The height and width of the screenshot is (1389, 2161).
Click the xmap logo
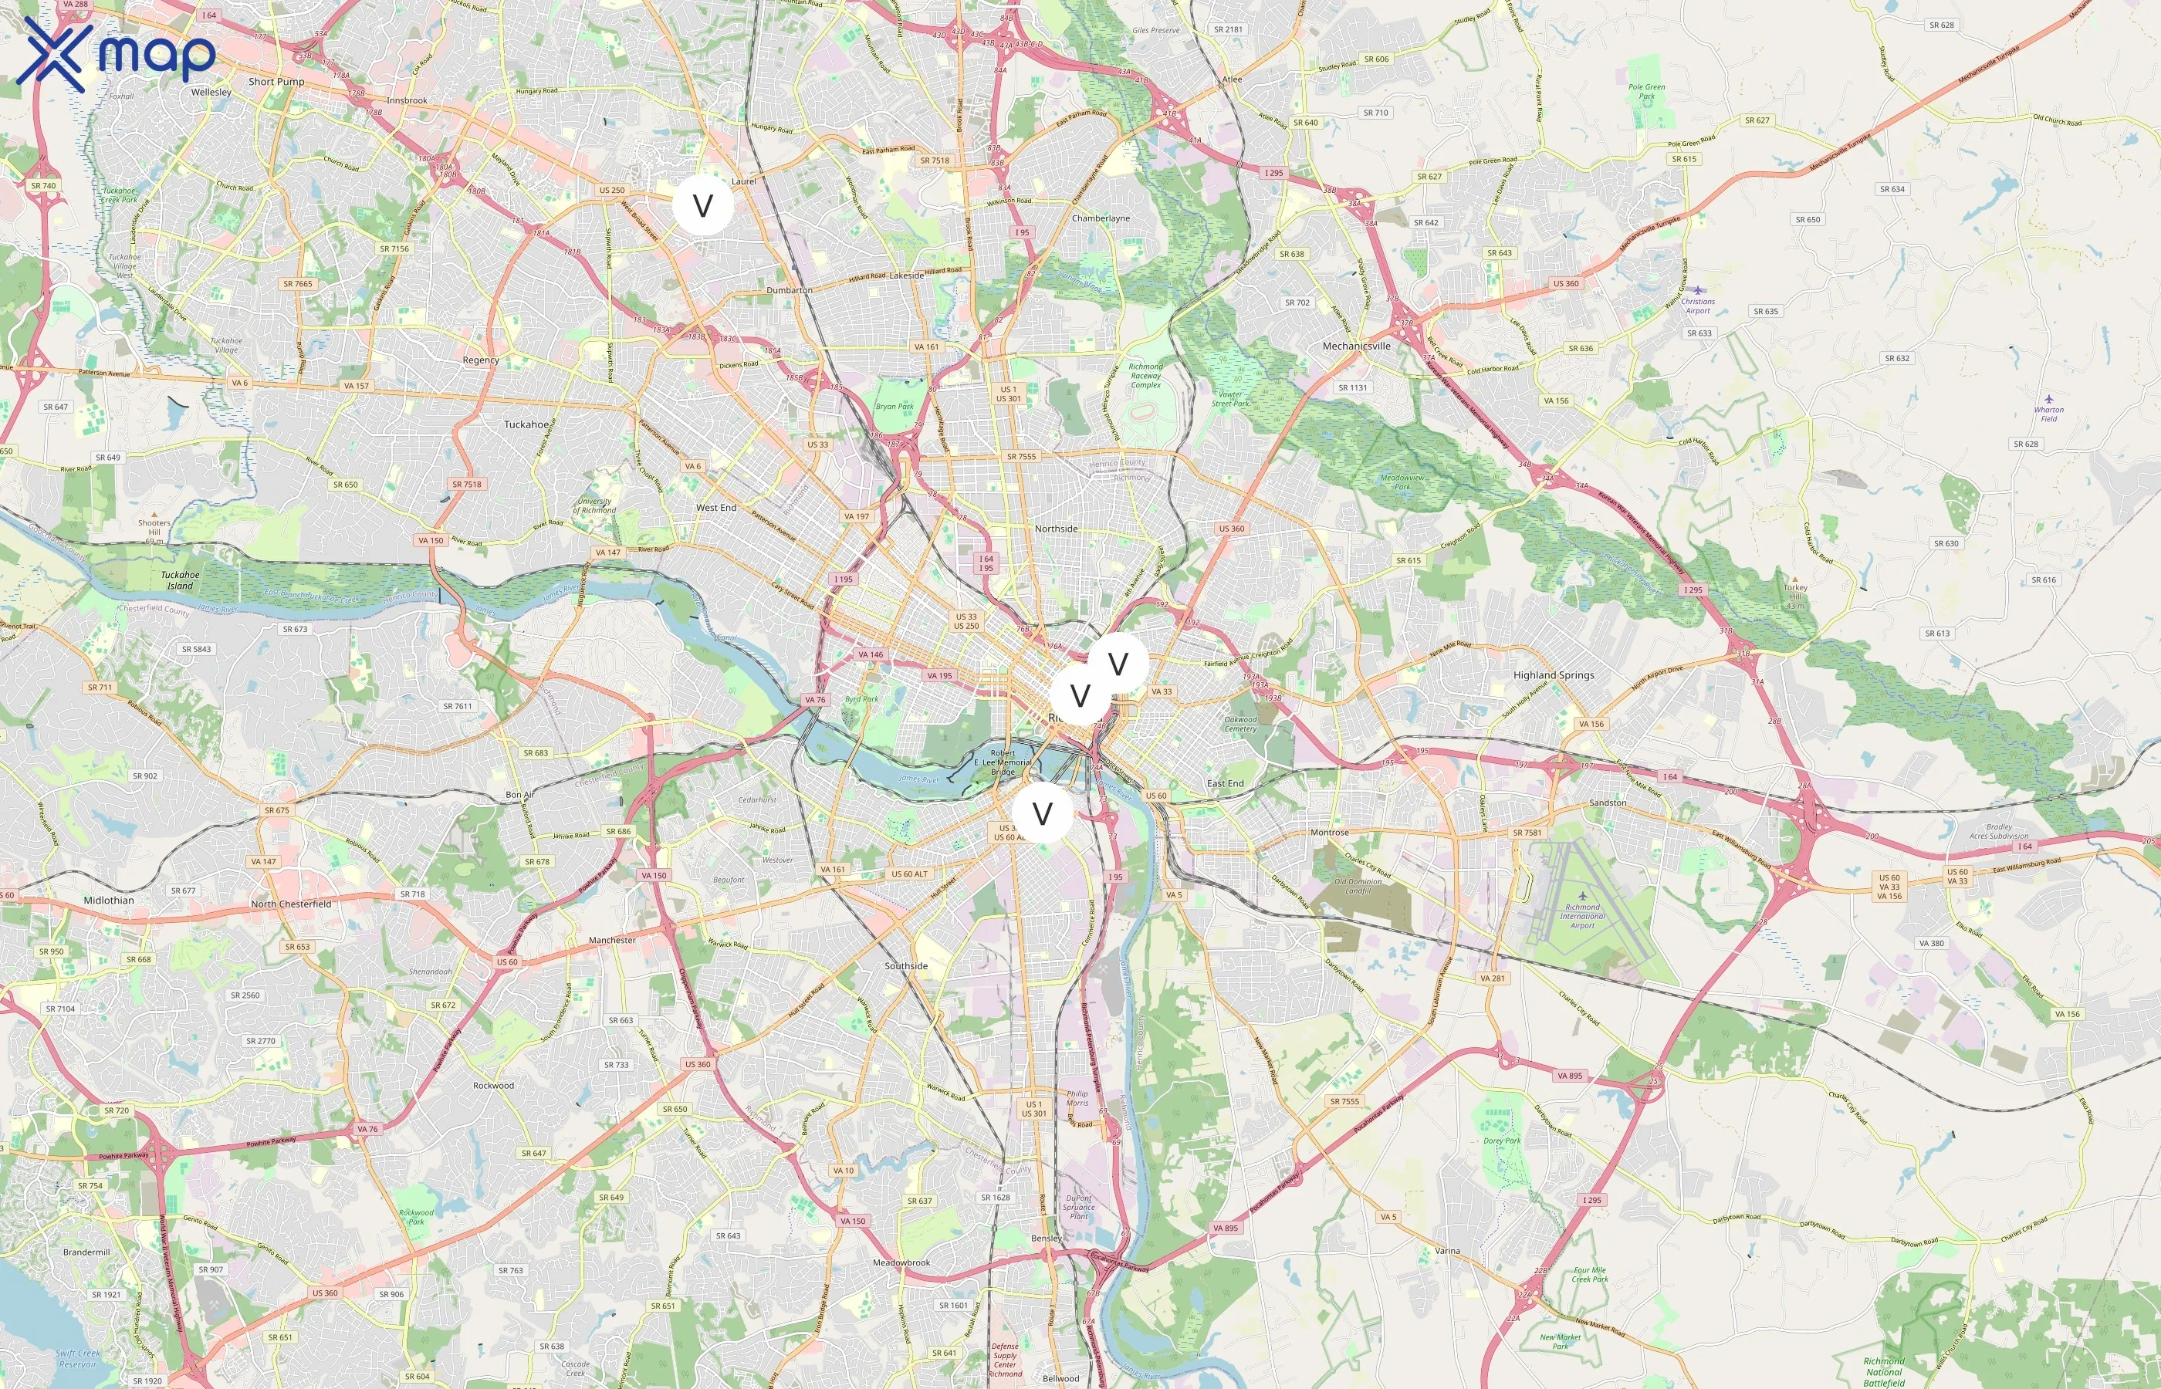tap(116, 54)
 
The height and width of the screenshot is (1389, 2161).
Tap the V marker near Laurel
tap(702, 205)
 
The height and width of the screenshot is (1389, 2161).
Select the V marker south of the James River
tap(1043, 813)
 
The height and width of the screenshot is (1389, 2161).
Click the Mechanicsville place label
tap(1355, 346)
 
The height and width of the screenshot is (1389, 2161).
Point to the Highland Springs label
tap(1553, 674)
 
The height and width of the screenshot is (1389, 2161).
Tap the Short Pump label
tap(276, 82)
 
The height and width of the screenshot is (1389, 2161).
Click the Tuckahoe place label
tap(526, 424)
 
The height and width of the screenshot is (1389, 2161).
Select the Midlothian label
tap(108, 900)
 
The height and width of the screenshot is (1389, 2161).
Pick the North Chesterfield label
tap(290, 904)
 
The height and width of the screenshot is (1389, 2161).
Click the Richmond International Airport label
tap(1582, 915)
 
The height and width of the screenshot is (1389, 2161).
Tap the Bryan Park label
tap(894, 407)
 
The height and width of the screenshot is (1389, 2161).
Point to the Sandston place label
tap(1607, 803)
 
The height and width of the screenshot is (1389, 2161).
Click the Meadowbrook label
tap(901, 1262)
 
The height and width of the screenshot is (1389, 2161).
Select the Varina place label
tap(1446, 1251)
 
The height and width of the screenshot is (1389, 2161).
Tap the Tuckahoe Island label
tap(180, 580)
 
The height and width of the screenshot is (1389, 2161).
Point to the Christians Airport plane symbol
tap(1697, 290)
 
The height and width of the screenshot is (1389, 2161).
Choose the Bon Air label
tap(519, 795)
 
